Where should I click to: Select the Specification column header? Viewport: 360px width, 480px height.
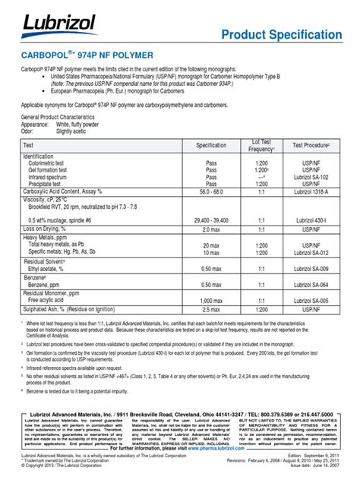click(216, 144)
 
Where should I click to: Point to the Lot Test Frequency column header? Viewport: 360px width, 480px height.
click(261, 144)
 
